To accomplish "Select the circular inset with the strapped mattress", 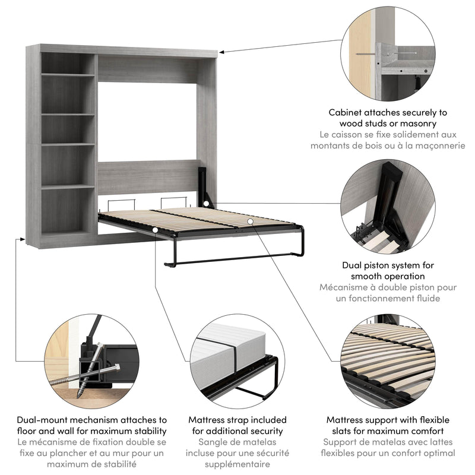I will (237, 360).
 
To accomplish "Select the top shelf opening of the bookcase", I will (68, 63).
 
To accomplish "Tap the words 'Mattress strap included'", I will (237, 420).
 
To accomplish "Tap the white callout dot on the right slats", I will (251, 221).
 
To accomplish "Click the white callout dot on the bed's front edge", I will (155, 229).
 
